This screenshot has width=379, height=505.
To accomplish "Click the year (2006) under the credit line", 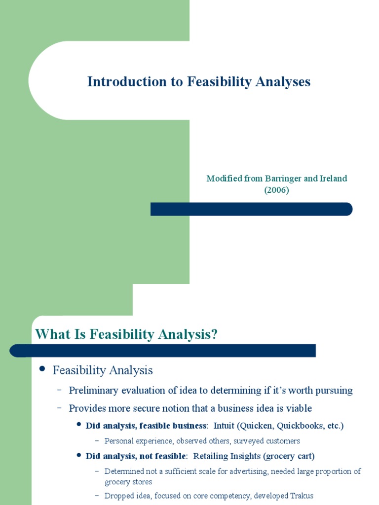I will [x=276, y=190].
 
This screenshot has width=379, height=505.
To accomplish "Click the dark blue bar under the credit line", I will [x=251, y=209].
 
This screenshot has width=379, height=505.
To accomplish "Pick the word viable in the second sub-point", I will [x=299, y=408].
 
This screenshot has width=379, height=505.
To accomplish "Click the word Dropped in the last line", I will [x=118, y=496].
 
